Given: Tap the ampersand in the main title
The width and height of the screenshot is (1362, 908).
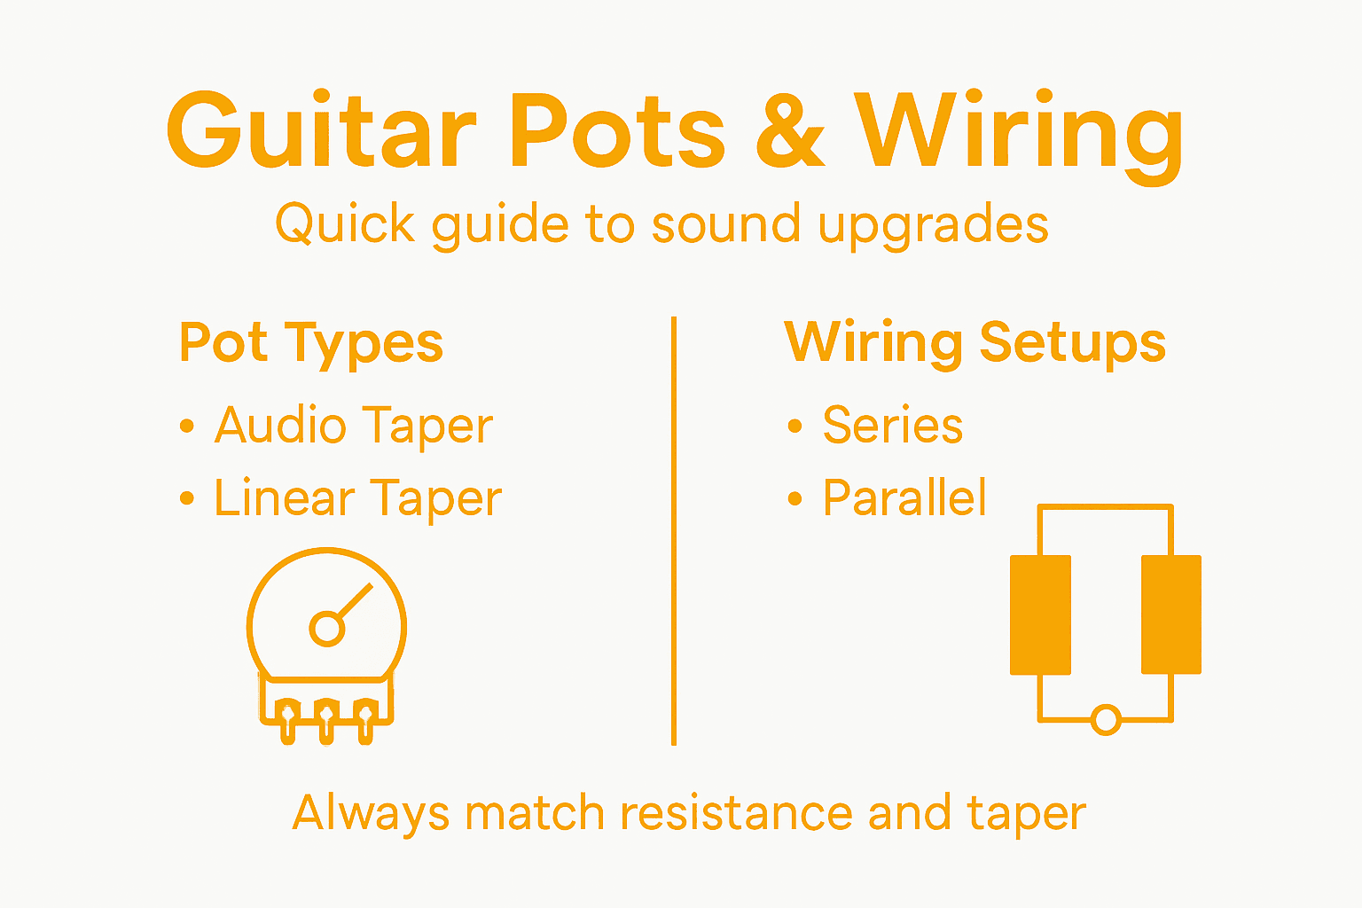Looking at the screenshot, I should pyautogui.click(x=790, y=130).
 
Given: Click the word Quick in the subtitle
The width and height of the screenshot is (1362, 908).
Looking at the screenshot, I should pyautogui.click(x=345, y=223).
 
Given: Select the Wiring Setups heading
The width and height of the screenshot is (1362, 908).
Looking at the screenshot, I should pyautogui.click(x=975, y=343).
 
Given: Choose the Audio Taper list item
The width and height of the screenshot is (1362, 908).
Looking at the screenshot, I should pyautogui.click(x=353, y=427).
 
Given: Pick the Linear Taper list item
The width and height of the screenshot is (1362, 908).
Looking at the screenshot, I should pyautogui.click(x=357, y=498).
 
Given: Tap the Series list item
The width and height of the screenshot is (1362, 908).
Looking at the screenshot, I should pyautogui.click(x=892, y=426).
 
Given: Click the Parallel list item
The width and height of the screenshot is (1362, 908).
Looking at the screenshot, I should pyautogui.click(x=904, y=497).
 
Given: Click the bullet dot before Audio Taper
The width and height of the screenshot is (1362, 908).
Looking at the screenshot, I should pyautogui.click(x=186, y=427).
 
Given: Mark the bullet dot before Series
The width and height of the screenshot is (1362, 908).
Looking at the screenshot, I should pyautogui.click(x=794, y=427).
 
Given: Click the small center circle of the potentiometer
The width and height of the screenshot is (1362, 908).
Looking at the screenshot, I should pyautogui.click(x=326, y=629).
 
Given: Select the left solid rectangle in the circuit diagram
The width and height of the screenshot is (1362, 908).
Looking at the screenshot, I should pyautogui.click(x=1040, y=614).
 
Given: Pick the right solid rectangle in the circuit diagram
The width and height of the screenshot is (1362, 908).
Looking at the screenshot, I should pyautogui.click(x=1170, y=614).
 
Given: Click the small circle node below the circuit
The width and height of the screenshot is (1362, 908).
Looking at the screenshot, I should pyautogui.click(x=1106, y=719).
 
